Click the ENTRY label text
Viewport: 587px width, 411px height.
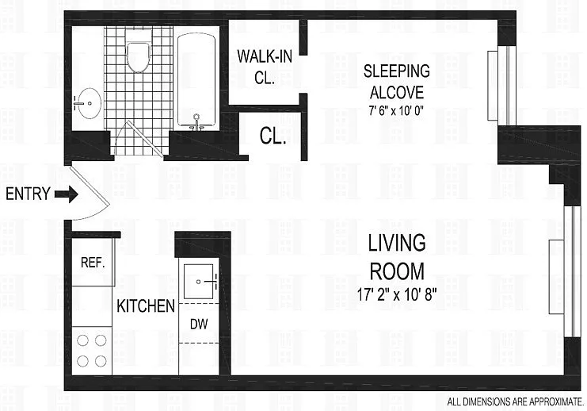pyautogui.click(x=28, y=193)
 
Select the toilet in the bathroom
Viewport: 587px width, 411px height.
pyautogui.click(x=139, y=56)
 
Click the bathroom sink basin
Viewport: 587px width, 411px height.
pyautogui.click(x=86, y=102)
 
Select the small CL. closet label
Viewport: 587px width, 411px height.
pyautogui.click(x=273, y=136)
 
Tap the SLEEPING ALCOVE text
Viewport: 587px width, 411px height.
pyautogui.click(x=398, y=81)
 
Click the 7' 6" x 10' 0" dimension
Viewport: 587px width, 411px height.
pyautogui.click(x=398, y=109)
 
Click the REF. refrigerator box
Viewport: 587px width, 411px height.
pyautogui.click(x=93, y=261)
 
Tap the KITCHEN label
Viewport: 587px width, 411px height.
pyautogui.click(x=146, y=305)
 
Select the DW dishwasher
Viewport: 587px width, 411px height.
pyautogui.click(x=199, y=323)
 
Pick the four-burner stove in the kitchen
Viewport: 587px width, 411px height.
pyautogui.click(x=92, y=350)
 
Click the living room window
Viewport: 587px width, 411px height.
pyautogui.click(x=567, y=271)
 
